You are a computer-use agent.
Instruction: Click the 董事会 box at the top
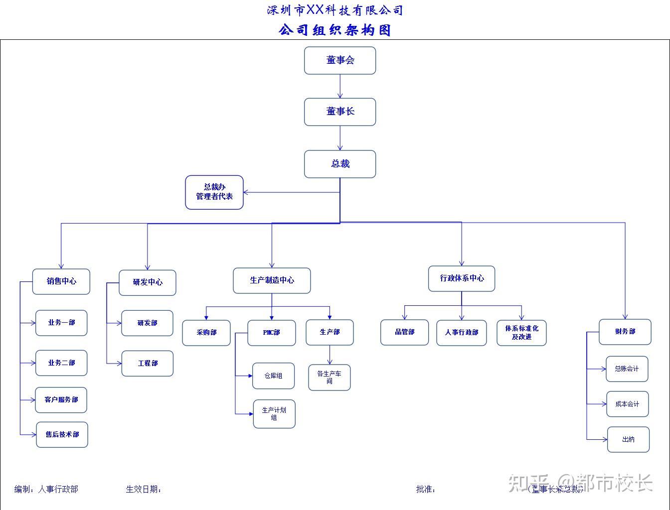click(340, 60)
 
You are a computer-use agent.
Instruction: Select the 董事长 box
click(340, 112)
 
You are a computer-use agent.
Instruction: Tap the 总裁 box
click(340, 164)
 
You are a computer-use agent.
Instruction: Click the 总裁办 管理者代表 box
click(214, 192)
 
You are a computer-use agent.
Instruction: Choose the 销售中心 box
click(61, 281)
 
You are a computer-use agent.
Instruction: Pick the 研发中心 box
click(148, 282)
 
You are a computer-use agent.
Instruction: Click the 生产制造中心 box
click(272, 280)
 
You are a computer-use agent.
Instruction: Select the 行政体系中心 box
click(462, 278)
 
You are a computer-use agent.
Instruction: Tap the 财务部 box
click(625, 332)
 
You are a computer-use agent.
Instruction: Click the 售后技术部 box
click(62, 435)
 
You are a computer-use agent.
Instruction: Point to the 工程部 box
click(148, 364)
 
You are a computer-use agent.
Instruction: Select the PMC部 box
click(272, 333)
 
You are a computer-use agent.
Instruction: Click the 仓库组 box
click(273, 376)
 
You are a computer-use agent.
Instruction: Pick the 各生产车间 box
click(330, 378)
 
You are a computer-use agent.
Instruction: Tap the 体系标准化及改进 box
click(521, 333)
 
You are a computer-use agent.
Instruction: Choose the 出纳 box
click(628, 439)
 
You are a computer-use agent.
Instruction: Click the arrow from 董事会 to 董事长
click(340, 86)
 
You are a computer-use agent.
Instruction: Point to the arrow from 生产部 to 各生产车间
click(330, 355)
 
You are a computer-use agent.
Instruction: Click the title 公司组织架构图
click(335, 30)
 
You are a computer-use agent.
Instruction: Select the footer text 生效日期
click(144, 490)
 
